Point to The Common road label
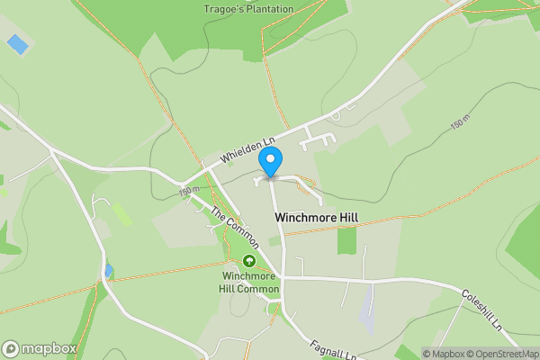pyautogui.click(x=235, y=228)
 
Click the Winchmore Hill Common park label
pyautogui.click(x=249, y=283)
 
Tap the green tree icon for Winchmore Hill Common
pyautogui.click(x=249, y=261)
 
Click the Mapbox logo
pyautogui.click(x=39, y=349)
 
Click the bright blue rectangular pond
pyautogui.click(x=17, y=42)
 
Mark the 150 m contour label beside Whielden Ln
pyautogui.click(x=188, y=192)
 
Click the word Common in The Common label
pyautogui.click(x=242, y=235)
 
